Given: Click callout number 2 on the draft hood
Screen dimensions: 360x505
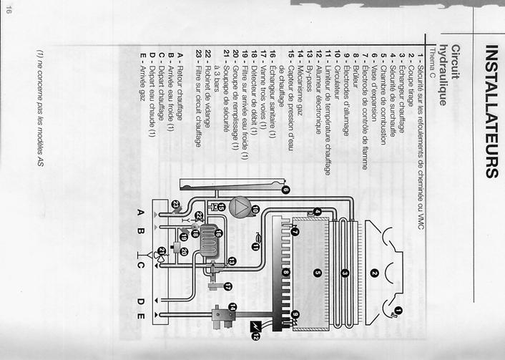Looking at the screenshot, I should pos(373,273).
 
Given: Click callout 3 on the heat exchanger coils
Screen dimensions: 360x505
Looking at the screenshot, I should pos(345,273).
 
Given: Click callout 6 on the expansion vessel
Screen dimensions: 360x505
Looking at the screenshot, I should pos(285,190).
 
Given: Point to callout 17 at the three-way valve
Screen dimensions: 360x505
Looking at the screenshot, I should pos(228,286).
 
